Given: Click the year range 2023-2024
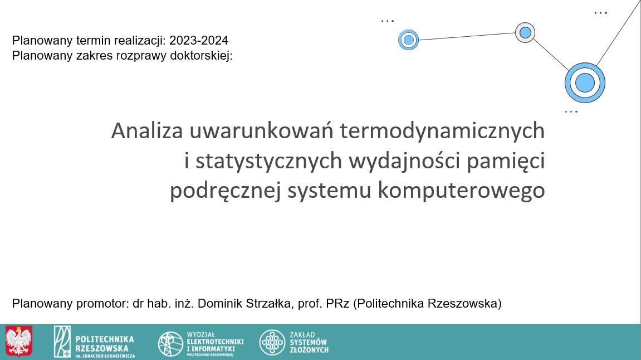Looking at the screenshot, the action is pyautogui.click(x=199, y=41).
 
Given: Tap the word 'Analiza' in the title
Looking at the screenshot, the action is pyautogui.click(x=147, y=131).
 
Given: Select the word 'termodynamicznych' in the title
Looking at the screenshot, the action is pyautogui.click(x=442, y=132).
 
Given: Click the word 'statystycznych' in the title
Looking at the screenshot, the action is pyautogui.click(x=268, y=161).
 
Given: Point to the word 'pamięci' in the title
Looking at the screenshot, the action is pyautogui.click(x=506, y=161).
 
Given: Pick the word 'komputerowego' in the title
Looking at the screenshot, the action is pyautogui.click(x=461, y=190).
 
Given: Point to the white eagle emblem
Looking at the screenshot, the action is pyautogui.click(x=19, y=341).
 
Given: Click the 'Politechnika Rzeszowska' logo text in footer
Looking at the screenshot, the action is pyautogui.click(x=105, y=344).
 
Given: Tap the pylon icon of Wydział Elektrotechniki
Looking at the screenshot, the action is pyautogui.click(x=170, y=344).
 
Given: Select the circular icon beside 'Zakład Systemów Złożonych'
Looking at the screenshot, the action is pyautogui.click(x=272, y=342).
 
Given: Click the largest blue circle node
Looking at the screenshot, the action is pyautogui.click(x=585, y=82).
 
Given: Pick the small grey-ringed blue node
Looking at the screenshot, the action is pyautogui.click(x=525, y=33).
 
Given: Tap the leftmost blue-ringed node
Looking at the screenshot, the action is pyautogui.click(x=408, y=40).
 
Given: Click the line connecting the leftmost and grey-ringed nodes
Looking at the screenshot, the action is pyautogui.click(x=467, y=36).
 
